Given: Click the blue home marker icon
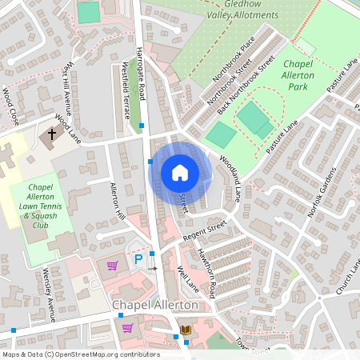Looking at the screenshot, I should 180,173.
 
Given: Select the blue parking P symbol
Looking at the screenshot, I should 138,259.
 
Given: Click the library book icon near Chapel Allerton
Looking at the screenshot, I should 186,330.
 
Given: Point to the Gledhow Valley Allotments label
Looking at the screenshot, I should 240,10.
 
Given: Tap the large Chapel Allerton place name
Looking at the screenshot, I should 154,305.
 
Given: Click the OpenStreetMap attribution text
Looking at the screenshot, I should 80,354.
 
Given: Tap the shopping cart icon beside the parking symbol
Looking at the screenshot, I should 112,266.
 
